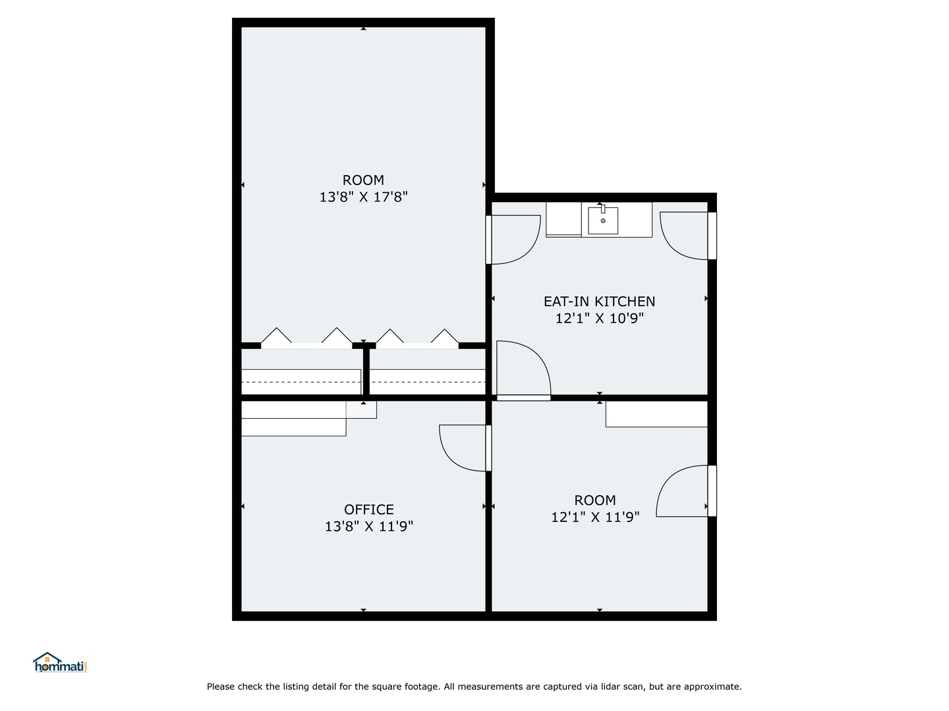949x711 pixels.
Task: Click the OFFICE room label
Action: (x=369, y=510)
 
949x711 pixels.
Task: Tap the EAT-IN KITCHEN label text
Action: (x=599, y=302)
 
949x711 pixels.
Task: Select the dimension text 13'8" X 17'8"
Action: (x=363, y=197)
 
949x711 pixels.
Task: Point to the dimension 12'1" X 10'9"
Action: (x=599, y=319)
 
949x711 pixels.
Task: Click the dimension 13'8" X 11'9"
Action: (x=369, y=527)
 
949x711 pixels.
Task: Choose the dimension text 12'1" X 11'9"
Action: (x=595, y=517)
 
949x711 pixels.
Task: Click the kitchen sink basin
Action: (x=603, y=221)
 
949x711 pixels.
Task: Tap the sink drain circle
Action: (x=603, y=221)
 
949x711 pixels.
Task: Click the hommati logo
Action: (x=60, y=663)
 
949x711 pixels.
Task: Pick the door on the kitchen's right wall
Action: (x=687, y=236)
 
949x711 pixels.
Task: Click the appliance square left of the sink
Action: (x=563, y=219)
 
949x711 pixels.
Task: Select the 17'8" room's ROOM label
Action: (x=363, y=180)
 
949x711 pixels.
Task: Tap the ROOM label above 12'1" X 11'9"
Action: (x=595, y=500)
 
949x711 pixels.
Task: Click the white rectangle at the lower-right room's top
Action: (x=656, y=414)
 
